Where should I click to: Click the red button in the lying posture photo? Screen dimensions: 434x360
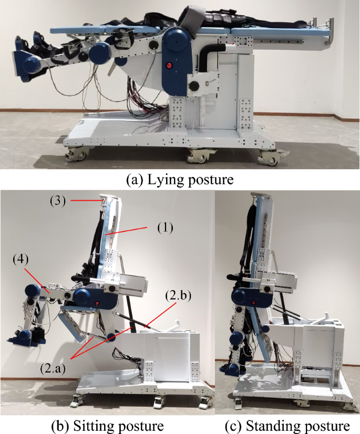point(169,66)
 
